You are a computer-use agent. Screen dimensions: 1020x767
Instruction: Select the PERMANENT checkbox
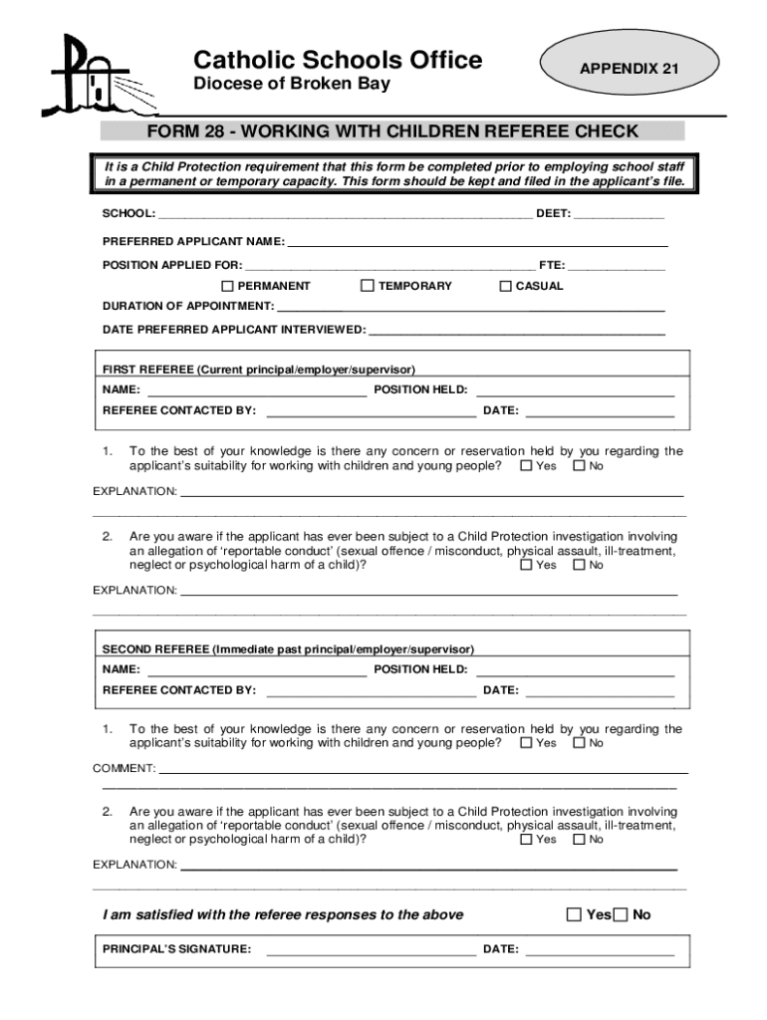coord(227,286)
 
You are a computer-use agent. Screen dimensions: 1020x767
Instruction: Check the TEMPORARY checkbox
coord(368,286)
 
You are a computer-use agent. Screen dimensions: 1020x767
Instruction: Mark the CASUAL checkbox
coord(505,286)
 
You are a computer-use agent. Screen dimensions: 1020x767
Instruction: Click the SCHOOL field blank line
coord(345,216)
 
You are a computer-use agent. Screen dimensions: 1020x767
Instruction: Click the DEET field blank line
coord(619,216)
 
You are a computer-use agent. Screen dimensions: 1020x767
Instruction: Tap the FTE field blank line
coord(617,266)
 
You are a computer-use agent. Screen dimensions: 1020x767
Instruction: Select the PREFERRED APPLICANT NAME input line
coord(477,243)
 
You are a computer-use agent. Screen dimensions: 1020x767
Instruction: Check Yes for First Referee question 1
coord(526,466)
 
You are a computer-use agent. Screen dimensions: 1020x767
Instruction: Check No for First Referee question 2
coord(579,566)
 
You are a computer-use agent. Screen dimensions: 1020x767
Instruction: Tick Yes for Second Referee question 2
coord(526,840)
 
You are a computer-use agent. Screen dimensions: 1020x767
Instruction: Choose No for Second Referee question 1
coord(579,743)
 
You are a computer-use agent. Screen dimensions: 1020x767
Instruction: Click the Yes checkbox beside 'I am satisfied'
coord(573,914)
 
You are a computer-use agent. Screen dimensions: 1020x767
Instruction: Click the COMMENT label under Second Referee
coord(125,768)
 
